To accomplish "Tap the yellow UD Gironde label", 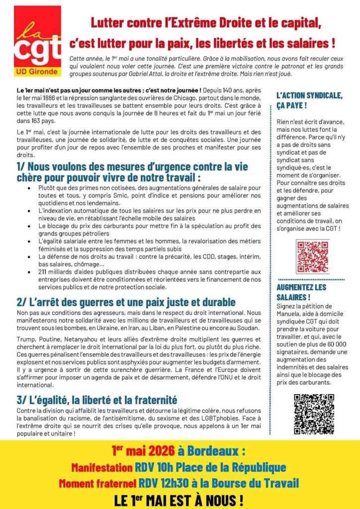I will [x=38, y=72].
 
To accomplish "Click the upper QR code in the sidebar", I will [x=312, y=256].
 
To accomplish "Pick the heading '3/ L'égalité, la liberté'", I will [x=97, y=400].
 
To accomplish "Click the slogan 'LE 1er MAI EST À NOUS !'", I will [x=180, y=498].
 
